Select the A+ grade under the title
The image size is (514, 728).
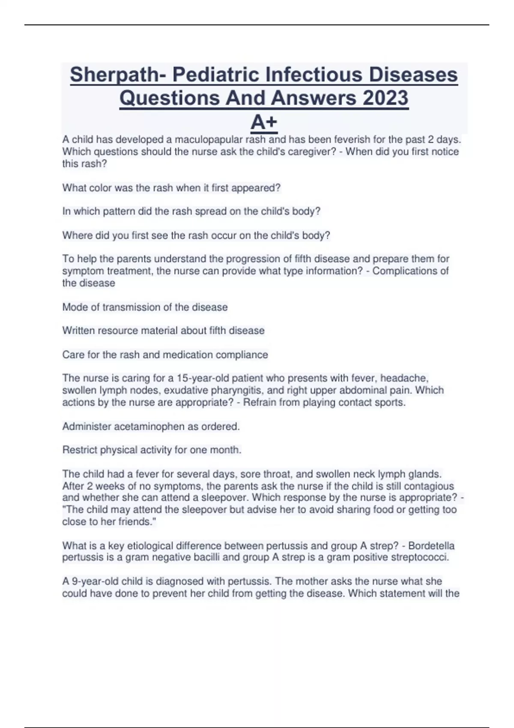[264, 122]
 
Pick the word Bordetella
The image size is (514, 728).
[431, 546]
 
